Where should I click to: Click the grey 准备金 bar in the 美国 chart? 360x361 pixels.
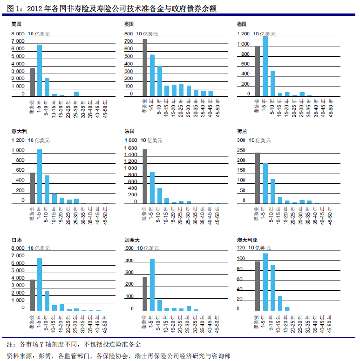33,82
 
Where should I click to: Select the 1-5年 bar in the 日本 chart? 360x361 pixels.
40,284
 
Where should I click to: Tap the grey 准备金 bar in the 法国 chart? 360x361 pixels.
145,176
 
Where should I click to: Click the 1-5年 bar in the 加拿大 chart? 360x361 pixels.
152,284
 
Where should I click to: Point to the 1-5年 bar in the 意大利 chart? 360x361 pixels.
40,176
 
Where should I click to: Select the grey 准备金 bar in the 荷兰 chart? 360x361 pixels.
258,178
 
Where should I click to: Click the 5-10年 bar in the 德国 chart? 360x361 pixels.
272,84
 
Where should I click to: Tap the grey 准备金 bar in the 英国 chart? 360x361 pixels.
145,68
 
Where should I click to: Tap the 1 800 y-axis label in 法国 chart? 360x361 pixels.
130,140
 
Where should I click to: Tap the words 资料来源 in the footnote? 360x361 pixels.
21,355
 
